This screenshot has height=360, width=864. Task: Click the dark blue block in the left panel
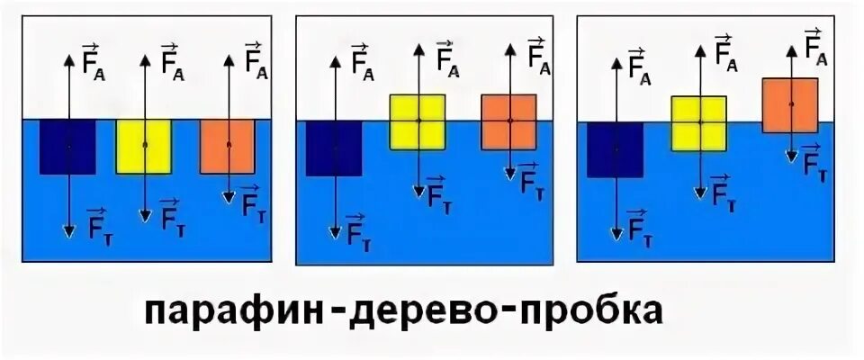tap(67, 147)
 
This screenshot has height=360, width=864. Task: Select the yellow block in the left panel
tap(144, 146)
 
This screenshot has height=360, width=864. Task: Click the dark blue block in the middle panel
tap(334, 148)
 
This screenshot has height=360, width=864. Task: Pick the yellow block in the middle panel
tap(418, 121)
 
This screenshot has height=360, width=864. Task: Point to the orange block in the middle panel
tap(509, 121)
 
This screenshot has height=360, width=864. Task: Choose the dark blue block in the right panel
tap(616, 150)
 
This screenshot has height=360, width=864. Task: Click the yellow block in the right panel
tap(698, 122)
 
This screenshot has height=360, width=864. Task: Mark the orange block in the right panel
tap(790, 105)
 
